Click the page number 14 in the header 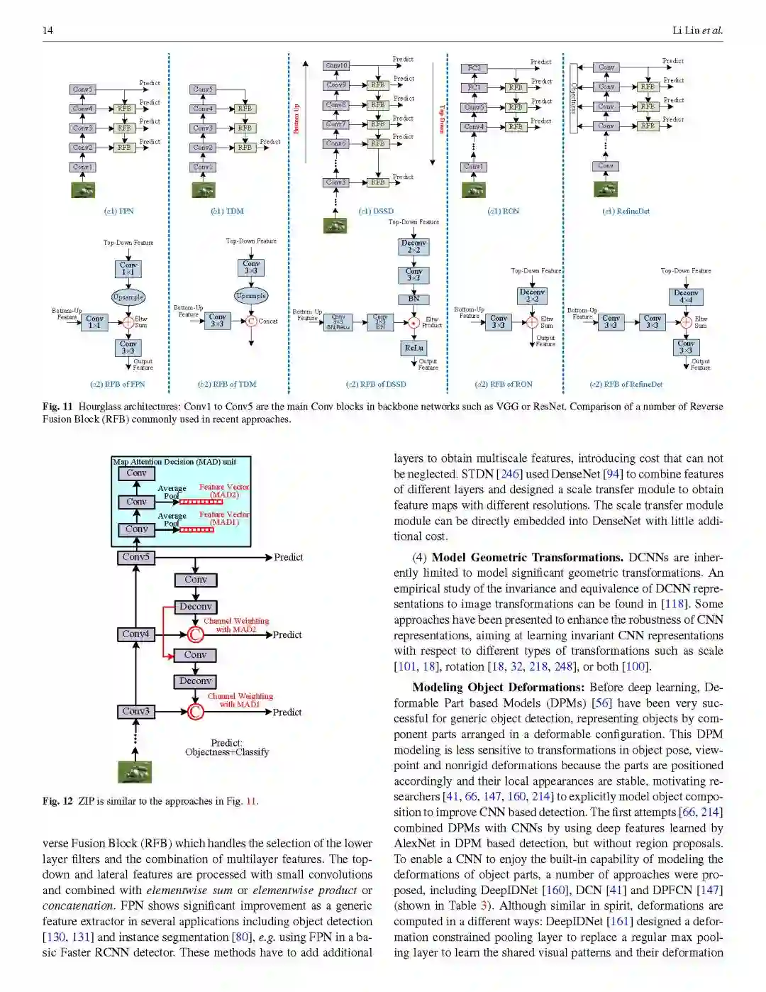click(48, 30)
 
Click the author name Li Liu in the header click(686, 30)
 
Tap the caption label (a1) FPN click(118, 211)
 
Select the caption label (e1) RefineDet click(626, 211)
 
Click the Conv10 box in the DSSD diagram click(336, 65)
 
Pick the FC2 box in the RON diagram click(474, 68)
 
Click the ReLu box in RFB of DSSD click(413, 348)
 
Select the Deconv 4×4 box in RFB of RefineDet click(685, 296)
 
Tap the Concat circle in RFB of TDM click(251, 321)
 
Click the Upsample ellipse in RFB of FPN click(128, 297)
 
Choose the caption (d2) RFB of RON click(504, 384)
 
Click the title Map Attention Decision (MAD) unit click(174, 461)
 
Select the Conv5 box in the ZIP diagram click(136, 558)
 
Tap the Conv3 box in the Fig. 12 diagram click(136, 711)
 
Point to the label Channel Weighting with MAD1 click(240, 700)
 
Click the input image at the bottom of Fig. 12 click(135, 772)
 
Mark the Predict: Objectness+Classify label click(227, 747)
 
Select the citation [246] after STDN click(508, 474)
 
